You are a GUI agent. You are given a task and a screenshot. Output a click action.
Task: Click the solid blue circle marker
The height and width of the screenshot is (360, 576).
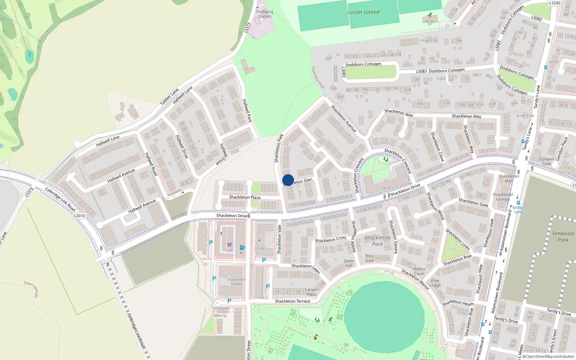coord(288,180)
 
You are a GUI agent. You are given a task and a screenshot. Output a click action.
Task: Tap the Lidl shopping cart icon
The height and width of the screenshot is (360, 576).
coord(229,245)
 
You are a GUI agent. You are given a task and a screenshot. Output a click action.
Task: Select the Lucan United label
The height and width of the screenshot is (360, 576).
coord(363,12)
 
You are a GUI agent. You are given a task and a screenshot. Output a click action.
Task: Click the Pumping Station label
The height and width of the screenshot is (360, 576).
coord(265,14)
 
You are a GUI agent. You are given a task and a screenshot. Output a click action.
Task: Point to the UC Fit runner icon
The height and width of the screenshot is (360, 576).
coord(430,15)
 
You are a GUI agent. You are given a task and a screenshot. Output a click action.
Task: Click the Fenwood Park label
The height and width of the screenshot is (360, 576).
coord(563,237)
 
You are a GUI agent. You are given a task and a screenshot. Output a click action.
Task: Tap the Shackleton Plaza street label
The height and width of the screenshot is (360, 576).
coord(245,197)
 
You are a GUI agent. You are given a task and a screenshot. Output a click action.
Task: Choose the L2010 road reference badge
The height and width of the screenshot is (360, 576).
coord(79,216)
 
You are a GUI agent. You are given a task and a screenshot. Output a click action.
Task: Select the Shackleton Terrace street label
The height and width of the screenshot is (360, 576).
coord(292,301)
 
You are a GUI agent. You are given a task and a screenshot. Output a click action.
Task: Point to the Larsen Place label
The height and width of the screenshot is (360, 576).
coord(311,292)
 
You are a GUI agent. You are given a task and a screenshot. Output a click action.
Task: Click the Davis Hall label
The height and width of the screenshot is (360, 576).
coord(348,263)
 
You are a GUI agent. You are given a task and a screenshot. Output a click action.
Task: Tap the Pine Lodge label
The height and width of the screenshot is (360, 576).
coord(435,283)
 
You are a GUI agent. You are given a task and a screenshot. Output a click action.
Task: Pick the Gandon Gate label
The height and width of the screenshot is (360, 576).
coord(546,161)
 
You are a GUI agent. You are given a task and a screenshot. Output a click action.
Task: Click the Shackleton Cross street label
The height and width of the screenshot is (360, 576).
coord(330,239)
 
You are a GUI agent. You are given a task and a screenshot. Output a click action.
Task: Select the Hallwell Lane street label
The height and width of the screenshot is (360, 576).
coord(108,141)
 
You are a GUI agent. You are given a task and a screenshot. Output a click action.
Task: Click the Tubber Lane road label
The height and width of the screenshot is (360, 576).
coord(169,96)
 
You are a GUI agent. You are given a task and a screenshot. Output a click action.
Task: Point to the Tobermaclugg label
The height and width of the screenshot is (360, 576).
coord(31,289)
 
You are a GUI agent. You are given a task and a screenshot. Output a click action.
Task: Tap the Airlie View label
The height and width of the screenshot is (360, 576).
coord(525,116)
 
